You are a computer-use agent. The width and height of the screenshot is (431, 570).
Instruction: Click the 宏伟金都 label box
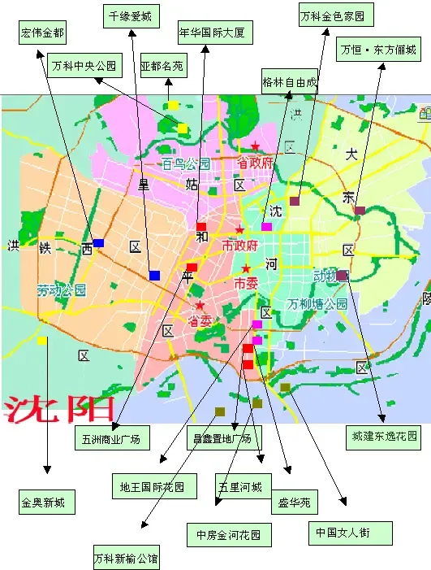click(x=43, y=33)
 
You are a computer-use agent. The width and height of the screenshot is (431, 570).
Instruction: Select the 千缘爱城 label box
click(x=131, y=15)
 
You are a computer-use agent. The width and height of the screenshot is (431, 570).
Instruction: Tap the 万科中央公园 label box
click(x=84, y=65)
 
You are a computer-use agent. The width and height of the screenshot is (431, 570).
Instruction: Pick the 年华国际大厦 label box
click(x=217, y=33)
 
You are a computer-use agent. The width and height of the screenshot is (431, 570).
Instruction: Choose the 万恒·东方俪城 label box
click(x=379, y=50)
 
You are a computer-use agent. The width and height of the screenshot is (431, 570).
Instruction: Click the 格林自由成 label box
click(x=290, y=82)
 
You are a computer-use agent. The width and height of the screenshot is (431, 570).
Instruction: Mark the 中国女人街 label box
click(x=351, y=533)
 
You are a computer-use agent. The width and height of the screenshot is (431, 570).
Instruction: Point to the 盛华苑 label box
click(x=294, y=502)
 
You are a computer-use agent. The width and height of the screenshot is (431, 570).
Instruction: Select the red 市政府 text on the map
click(x=239, y=245)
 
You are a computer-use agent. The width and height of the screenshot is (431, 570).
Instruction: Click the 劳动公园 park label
click(x=61, y=290)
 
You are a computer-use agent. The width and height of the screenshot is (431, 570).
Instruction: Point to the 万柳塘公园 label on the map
click(x=317, y=304)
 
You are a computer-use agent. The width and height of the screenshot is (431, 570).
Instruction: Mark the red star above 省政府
click(x=256, y=146)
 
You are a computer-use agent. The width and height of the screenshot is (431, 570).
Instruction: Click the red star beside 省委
click(x=199, y=306)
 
